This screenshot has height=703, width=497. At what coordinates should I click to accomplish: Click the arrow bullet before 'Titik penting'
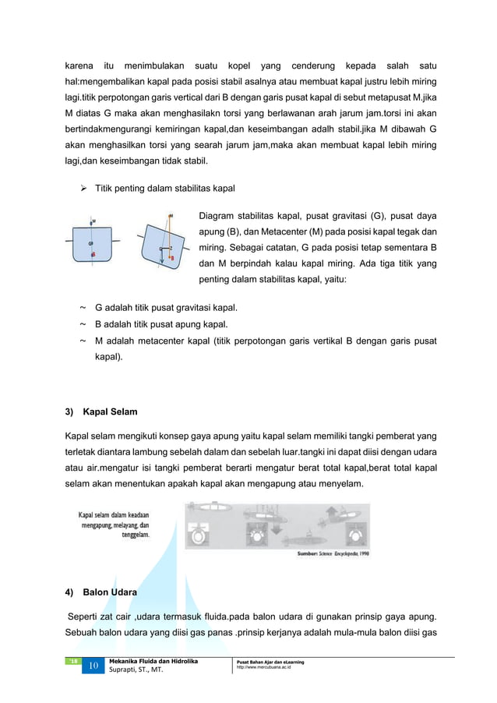(84, 189)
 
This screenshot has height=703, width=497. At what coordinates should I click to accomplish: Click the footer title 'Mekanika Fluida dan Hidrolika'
(153, 661)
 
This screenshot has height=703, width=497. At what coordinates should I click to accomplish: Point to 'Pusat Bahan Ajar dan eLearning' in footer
(270, 662)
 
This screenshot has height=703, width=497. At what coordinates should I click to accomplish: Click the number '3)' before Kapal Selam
(69, 412)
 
